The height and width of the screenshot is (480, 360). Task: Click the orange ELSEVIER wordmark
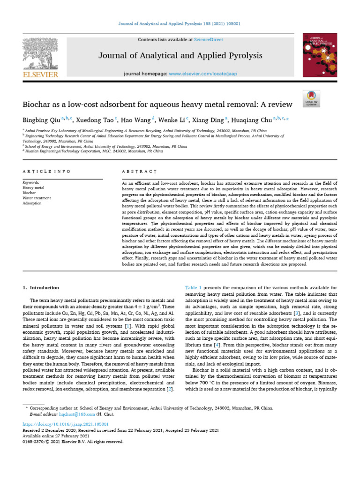(40, 75)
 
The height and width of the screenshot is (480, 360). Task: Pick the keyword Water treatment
(37, 198)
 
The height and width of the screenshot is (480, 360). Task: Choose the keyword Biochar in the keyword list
(30, 192)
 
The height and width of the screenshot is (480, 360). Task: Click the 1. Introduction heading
(41, 287)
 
